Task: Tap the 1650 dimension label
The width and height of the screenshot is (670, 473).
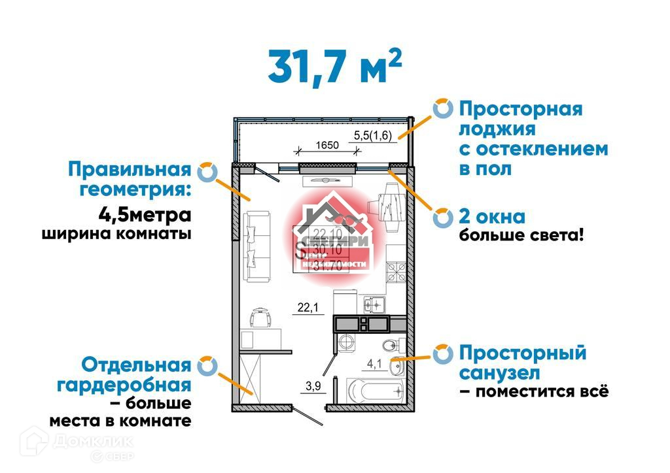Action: pos(327,145)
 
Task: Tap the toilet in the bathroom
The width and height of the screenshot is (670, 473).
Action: pos(389,344)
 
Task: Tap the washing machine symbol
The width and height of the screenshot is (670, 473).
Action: pos(346,342)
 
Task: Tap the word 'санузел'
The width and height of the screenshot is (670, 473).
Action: pos(499,374)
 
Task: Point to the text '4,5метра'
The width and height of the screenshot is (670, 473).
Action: pos(145,214)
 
